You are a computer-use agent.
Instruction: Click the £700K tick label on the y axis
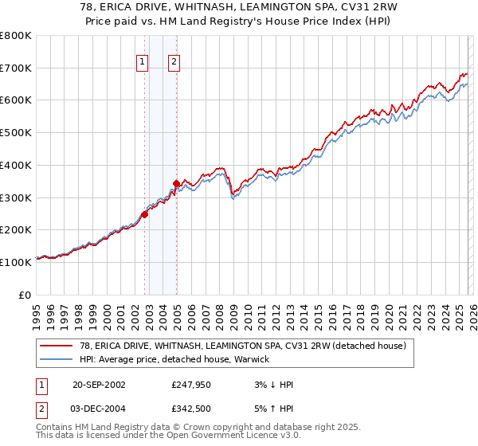(16, 68)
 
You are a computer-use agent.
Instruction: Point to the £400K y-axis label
(16, 165)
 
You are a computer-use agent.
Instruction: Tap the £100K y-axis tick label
(16, 261)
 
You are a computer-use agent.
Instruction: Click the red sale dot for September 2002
(145, 214)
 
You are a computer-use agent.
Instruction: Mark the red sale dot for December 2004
(176, 184)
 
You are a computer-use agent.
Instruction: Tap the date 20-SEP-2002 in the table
(98, 385)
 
